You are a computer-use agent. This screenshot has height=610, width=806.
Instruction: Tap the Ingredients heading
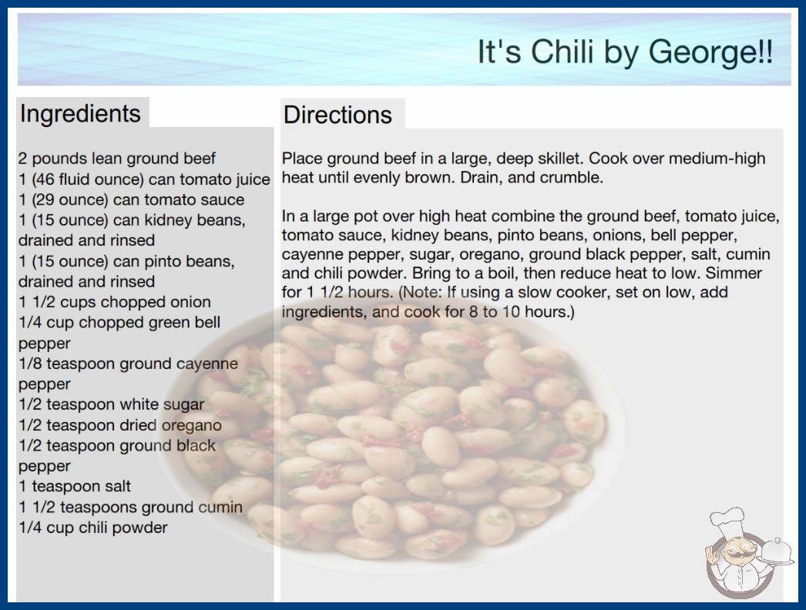(x=80, y=114)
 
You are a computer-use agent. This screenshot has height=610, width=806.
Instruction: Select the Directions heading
(x=338, y=115)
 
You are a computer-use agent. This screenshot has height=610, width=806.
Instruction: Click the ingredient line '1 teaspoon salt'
(x=75, y=486)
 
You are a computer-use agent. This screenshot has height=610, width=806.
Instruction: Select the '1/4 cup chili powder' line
(x=93, y=528)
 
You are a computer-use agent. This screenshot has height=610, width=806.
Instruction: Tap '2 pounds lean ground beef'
(x=116, y=159)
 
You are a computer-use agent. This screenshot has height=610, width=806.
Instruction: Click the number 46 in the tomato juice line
(x=45, y=179)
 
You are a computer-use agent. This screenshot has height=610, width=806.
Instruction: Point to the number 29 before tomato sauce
(x=45, y=200)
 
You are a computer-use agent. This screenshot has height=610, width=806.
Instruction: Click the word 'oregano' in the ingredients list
(x=192, y=425)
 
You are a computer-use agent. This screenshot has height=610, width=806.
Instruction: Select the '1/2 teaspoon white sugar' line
(x=112, y=405)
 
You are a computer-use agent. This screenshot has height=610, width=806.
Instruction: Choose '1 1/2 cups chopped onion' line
(x=115, y=302)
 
